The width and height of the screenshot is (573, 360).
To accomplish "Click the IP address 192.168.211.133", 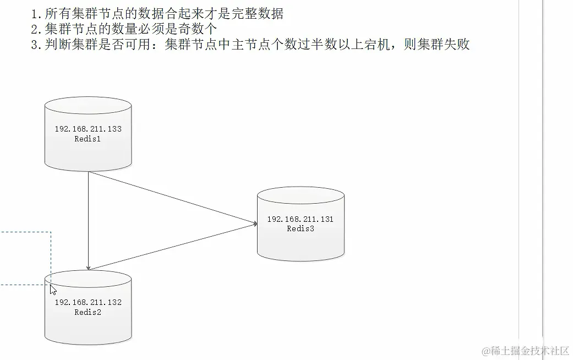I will pyautogui.click(x=88, y=129).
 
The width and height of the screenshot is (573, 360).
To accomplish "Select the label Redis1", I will pyautogui.click(x=88, y=139).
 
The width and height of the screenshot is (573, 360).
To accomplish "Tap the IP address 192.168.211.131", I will pyautogui.click(x=301, y=219).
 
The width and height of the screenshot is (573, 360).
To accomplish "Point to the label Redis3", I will pyautogui.click(x=301, y=228).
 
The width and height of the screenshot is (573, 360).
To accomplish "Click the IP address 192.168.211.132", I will pyautogui.click(x=88, y=302).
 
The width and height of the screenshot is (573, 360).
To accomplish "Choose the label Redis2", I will pyautogui.click(x=88, y=312).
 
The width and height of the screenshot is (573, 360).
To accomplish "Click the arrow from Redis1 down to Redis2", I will pyautogui.click(x=88, y=220).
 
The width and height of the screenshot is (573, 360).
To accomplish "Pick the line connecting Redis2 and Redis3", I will pyautogui.click(x=171, y=247).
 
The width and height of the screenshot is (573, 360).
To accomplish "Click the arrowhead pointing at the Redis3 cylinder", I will pyautogui.click(x=255, y=223).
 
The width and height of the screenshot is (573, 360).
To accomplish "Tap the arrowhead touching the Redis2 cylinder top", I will pyautogui.click(x=88, y=267).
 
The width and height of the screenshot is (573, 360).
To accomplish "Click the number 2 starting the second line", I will pyautogui.click(x=36, y=29).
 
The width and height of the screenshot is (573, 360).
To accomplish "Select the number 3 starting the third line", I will pyautogui.click(x=36, y=45).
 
